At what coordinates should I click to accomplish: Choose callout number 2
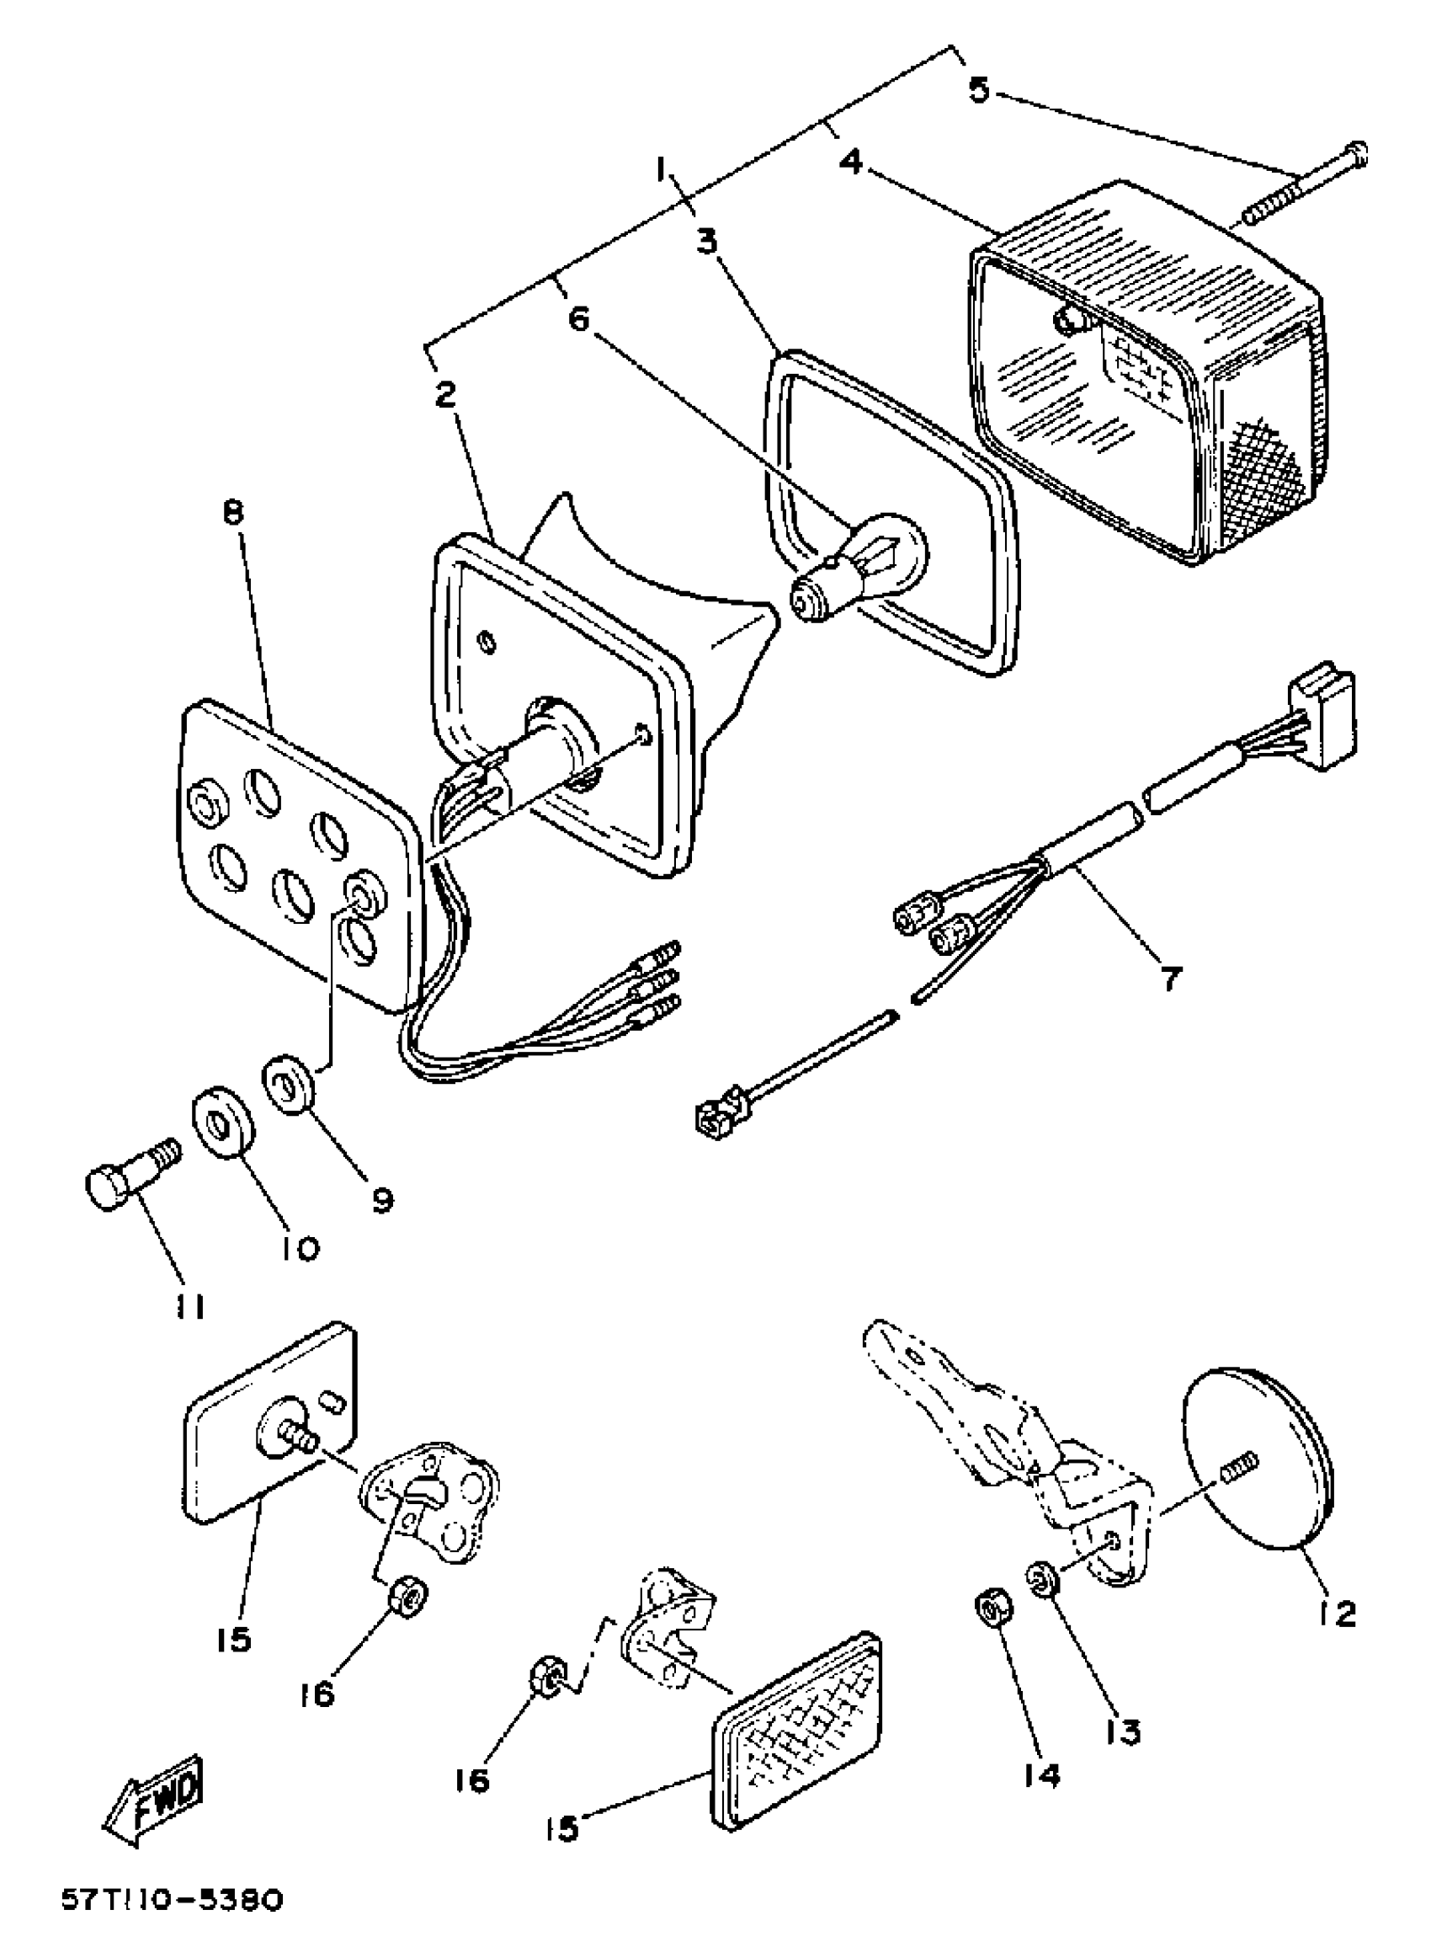pyautogui.click(x=445, y=396)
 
